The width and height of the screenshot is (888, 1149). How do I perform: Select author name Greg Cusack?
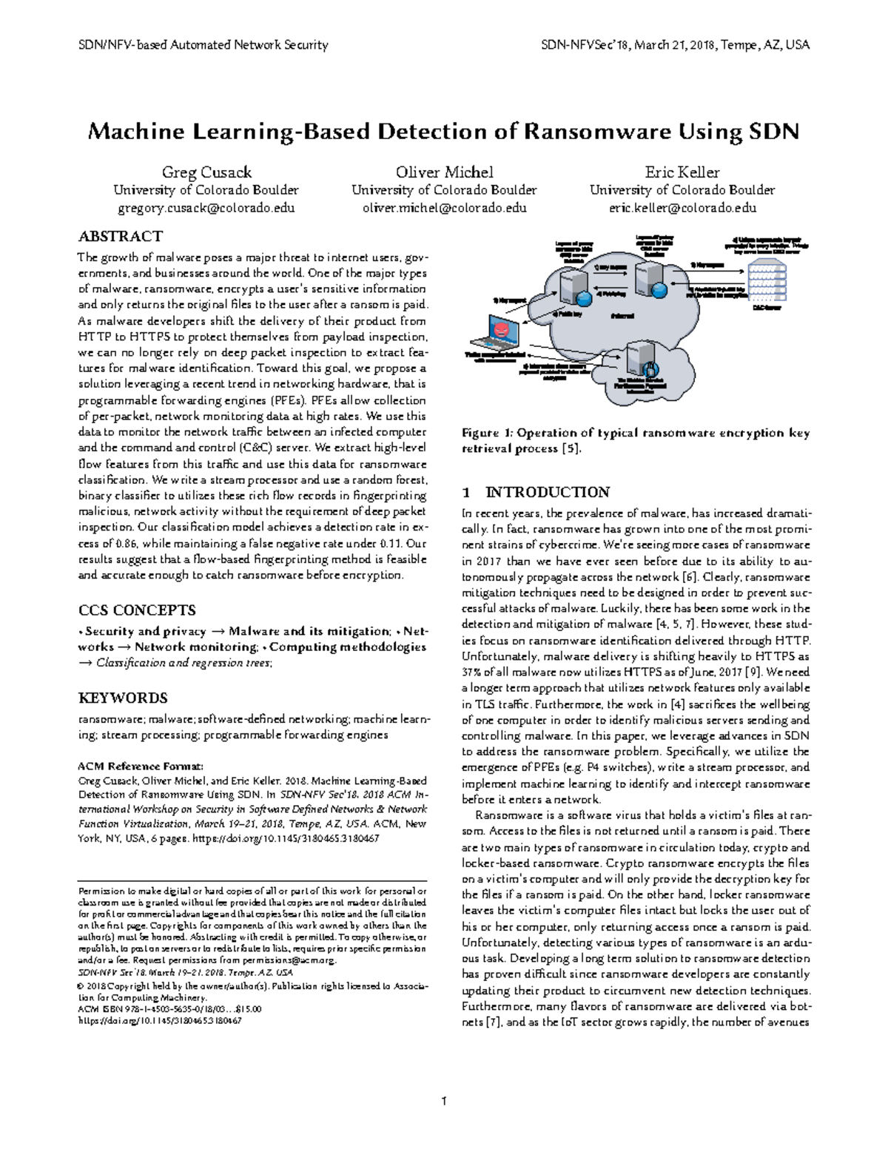pos(206,172)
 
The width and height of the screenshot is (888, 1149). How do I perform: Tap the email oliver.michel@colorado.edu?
pos(444,208)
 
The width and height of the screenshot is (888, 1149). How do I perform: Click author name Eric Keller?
pos(682,172)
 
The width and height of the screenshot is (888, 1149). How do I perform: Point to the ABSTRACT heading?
pos(120,237)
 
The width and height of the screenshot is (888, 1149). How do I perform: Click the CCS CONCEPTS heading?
pos(137,610)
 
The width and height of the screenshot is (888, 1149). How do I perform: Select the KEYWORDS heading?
pos(123,698)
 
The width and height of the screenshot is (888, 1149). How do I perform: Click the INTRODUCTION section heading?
pos(547,492)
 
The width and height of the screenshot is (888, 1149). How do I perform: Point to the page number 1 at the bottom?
pos(444,1101)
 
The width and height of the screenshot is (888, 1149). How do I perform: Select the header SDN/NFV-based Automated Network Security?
pos(203,45)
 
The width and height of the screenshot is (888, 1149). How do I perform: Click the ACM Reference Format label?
pos(141,766)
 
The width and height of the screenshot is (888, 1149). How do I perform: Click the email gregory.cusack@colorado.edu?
pos(206,208)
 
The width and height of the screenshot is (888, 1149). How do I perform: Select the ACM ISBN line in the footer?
pos(170,1008)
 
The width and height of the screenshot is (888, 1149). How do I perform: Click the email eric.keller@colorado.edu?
pos(682,208)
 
